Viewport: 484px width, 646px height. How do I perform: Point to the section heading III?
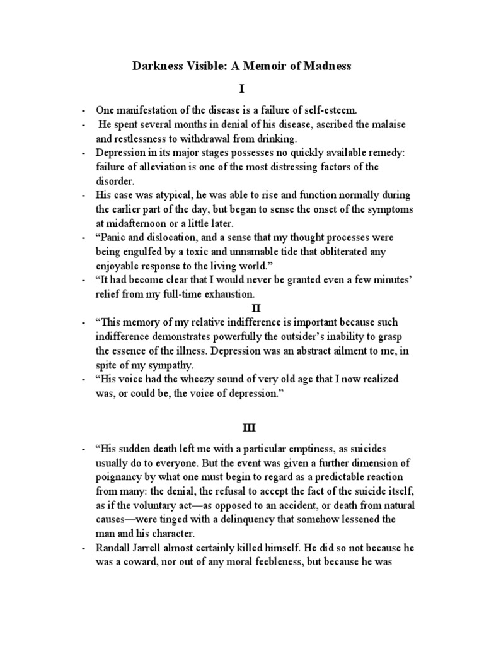(242, 427)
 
